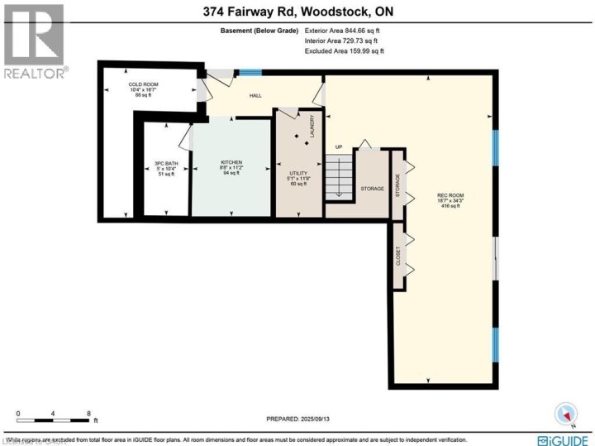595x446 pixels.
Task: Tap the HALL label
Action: click(256, 96)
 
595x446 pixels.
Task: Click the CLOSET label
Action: click(398, 257)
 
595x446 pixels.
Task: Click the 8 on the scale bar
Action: click(88, 412)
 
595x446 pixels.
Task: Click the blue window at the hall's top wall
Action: click(250, 73)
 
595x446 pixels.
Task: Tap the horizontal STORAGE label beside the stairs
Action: click(372, 189)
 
